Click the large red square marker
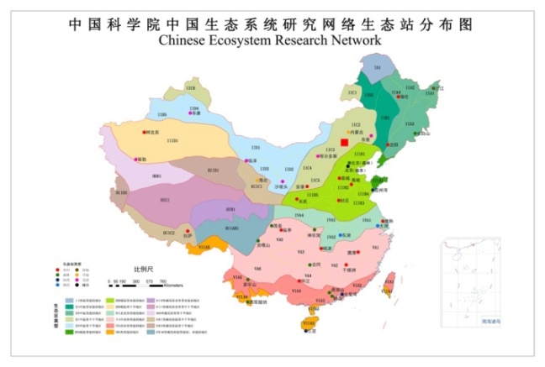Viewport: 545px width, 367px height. [x=344, y=144]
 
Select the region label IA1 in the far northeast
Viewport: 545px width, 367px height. [x=378, y=66]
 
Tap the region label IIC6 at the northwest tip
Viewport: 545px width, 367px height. [x=191, y=87]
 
